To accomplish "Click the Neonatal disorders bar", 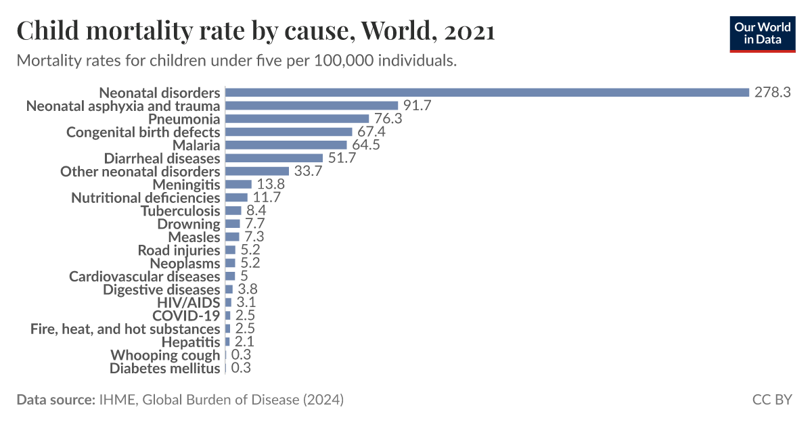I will [x=487, y=93].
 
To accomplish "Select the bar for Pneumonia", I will [x=297, y=119].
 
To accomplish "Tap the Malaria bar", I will [x=286, y=145].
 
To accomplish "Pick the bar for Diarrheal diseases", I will [x=274, y=158].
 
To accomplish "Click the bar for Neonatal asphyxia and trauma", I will [x=311, y=105].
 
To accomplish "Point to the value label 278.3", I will [x=772, y=93].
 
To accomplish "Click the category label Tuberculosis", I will [x=180, y=211].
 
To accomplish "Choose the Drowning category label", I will [x=189, y=224].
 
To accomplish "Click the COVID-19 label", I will [x=186, y=316].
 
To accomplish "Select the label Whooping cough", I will [x=165, y=356].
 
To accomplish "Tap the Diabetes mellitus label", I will [x=165, y=369].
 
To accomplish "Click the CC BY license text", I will [x=771, y=400].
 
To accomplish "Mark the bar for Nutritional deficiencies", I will [x=236, y=198].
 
